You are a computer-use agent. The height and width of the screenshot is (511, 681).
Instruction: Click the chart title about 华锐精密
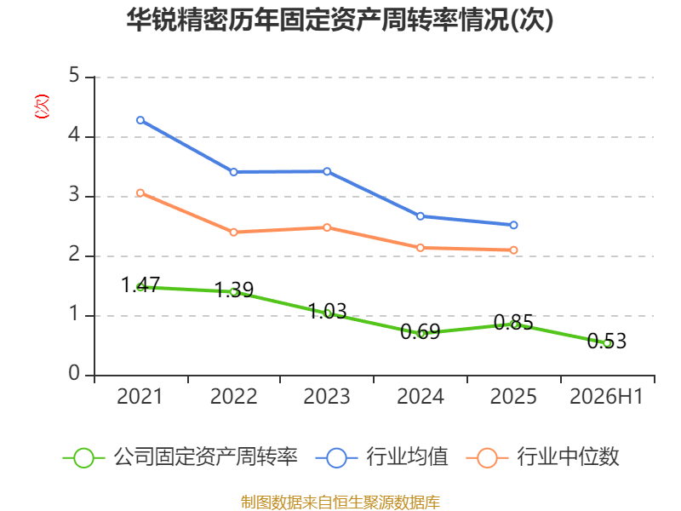pyautogui.click(x=340, y=20)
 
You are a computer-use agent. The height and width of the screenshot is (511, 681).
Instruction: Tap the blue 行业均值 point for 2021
pyautogui.click(x=140, y=120)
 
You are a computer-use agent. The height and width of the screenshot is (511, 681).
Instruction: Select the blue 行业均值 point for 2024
pyautogui.click(x=420, y=216)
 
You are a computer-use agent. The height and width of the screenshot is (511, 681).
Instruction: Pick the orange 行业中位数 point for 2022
pyautogui.click(x=233, y=232)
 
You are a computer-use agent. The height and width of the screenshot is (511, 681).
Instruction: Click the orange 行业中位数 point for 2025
pyautogui.click(x=513, y=250)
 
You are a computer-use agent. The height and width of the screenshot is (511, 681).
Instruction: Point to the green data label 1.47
pyautogui.click(x=140, y=285)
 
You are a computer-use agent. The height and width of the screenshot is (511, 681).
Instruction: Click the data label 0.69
pyautogui.click(x=420, y=332)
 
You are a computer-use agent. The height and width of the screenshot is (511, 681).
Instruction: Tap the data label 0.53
pyautogui.click(x=607, y=341)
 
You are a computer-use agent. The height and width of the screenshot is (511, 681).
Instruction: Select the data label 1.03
pyautogui.click(x=327, y=311)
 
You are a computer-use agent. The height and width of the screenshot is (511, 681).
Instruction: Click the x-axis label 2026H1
pyautogui.click(x=606, y=396)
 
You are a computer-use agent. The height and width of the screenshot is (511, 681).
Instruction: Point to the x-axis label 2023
pyautogui.click(x=327, y=396)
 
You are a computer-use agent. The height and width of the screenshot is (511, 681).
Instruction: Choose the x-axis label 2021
pyautogui.click(x=140, y=396)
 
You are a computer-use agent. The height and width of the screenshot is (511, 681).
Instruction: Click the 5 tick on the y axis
pyautogui.click(x=74, y=76)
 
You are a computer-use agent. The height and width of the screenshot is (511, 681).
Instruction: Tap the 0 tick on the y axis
pyautogui.click(x=74, y=373)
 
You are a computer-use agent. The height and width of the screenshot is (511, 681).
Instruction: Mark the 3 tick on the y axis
pyautogui.click(x=74, y=195)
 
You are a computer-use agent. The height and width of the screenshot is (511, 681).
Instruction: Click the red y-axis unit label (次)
pyautogui.click(x=42, y=106)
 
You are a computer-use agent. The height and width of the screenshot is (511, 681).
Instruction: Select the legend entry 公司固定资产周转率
pyautogui.click(x=180, y=457)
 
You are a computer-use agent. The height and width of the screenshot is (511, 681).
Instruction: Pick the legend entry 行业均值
pyautogui.click(x=381, y=457)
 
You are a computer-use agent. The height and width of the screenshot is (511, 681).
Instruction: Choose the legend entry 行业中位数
pyautogui.click(x=542, y=457)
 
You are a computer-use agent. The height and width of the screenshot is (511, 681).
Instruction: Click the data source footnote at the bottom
pyautogui.click(x=340, y=502)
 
